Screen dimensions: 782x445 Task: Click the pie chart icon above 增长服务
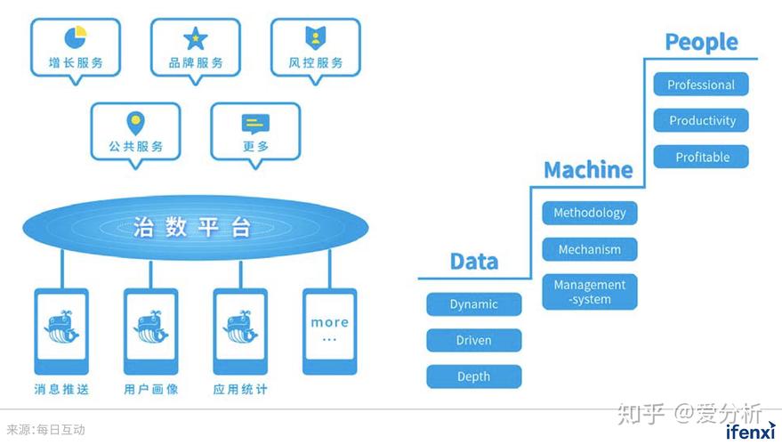click(x=76, y=37)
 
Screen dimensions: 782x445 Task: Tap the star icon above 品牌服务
click(x=195, y=38)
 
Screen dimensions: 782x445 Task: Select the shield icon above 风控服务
click(x=315, y=38)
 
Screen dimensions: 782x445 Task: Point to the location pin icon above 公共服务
click(x=135, y=123)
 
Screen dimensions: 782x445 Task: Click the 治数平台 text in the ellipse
click(x=191, y=227)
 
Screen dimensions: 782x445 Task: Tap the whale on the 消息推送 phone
click(x=61, y=328)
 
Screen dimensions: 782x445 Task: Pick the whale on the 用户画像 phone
click(x=150, y=328)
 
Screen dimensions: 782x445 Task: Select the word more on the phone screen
click(x=330, y=323)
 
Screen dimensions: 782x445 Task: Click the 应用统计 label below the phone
click(x=240, y=389)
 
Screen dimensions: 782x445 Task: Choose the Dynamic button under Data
click(x=474, y=304)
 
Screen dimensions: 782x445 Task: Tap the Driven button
click(x=474, y=340)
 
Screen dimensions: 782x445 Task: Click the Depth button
click(x=474, y=376)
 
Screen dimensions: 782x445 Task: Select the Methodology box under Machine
click(x=590, y=213)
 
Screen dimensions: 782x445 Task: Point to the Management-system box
click(x=590, y=292)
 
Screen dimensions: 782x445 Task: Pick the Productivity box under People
click(x=701, y=120)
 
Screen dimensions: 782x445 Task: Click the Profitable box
click(x=701, y=157)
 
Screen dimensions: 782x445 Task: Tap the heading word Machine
click(x=588, y=170)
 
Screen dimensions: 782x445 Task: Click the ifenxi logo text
click(x=751, y=432)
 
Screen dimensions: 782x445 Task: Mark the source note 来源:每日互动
click(x=46, y=430)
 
